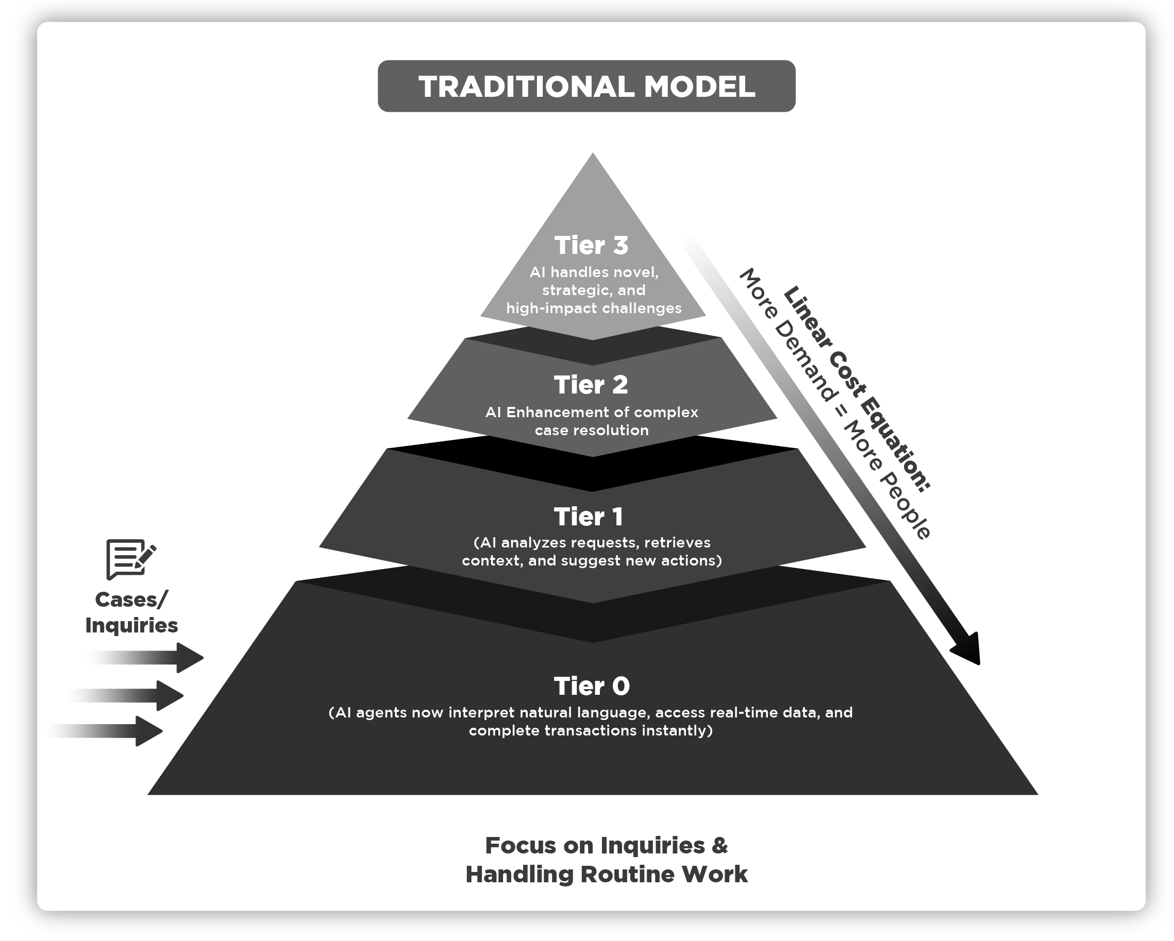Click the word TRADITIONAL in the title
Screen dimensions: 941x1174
point(525,87)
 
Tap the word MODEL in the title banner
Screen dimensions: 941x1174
point(699,87)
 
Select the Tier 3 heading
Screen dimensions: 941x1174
point(591,246)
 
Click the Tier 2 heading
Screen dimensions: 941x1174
point(591,385)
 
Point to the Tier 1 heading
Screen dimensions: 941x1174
point(589,517)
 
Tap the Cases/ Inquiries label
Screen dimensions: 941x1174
point(132,612)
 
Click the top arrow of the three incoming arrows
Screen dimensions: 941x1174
point(163,657)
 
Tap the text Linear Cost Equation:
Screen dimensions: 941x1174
point(856,388)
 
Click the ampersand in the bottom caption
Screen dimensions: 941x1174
point(720,846)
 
